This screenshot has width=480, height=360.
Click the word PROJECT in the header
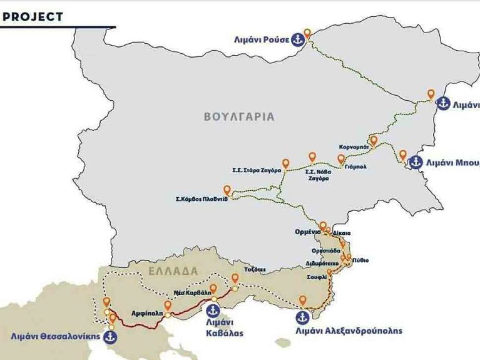pyautogui.click(x=33, y=17)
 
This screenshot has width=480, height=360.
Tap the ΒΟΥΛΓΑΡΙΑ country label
pyautogui.click(x=239, y=116)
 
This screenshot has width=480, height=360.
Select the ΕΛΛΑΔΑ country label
pyautogui.click(x=173, y=271)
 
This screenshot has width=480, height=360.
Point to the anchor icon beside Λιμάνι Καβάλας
pyautogui.click(x=214, y=310)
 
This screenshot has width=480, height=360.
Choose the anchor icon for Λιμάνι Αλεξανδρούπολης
pyautogui.click(x=302, y=317)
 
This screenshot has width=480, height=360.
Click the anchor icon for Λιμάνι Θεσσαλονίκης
pyautogui.click(x=109, y=337)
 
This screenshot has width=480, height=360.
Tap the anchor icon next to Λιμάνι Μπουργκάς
pyautogui.click(x=416, y=163)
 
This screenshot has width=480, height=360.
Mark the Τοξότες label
pyautogui.click(x=255, y=270)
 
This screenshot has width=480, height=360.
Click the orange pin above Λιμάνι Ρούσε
pyautogui.click(x=307, y=34)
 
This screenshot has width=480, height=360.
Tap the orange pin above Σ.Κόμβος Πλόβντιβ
pyautogui.click(x=227, y=190)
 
